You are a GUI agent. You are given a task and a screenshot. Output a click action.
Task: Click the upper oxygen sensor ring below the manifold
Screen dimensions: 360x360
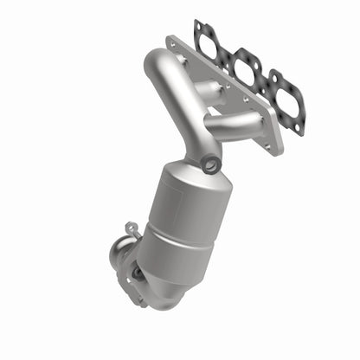click(x=210, y=165)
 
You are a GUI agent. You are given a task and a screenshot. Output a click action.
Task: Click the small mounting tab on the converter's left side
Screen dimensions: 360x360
click(x=130, y=228)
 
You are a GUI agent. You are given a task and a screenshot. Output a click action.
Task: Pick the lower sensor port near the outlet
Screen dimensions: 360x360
click(x=137, y=274)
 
